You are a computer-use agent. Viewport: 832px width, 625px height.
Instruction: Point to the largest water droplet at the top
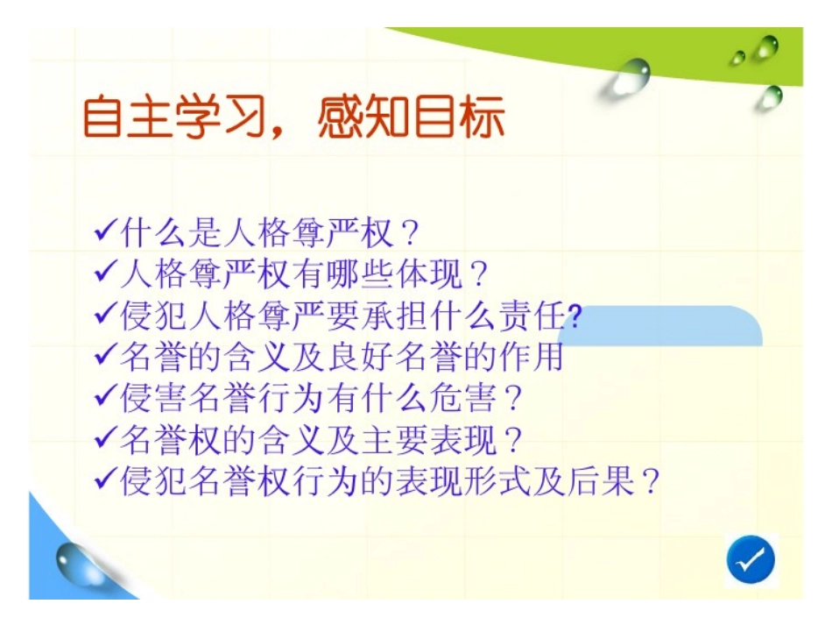point(630,76)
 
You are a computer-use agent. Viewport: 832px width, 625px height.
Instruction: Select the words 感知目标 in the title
point(411,118)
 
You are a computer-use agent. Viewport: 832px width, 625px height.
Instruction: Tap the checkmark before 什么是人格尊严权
point(105,232)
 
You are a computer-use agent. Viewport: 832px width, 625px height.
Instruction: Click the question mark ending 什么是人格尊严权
point(405,233)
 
